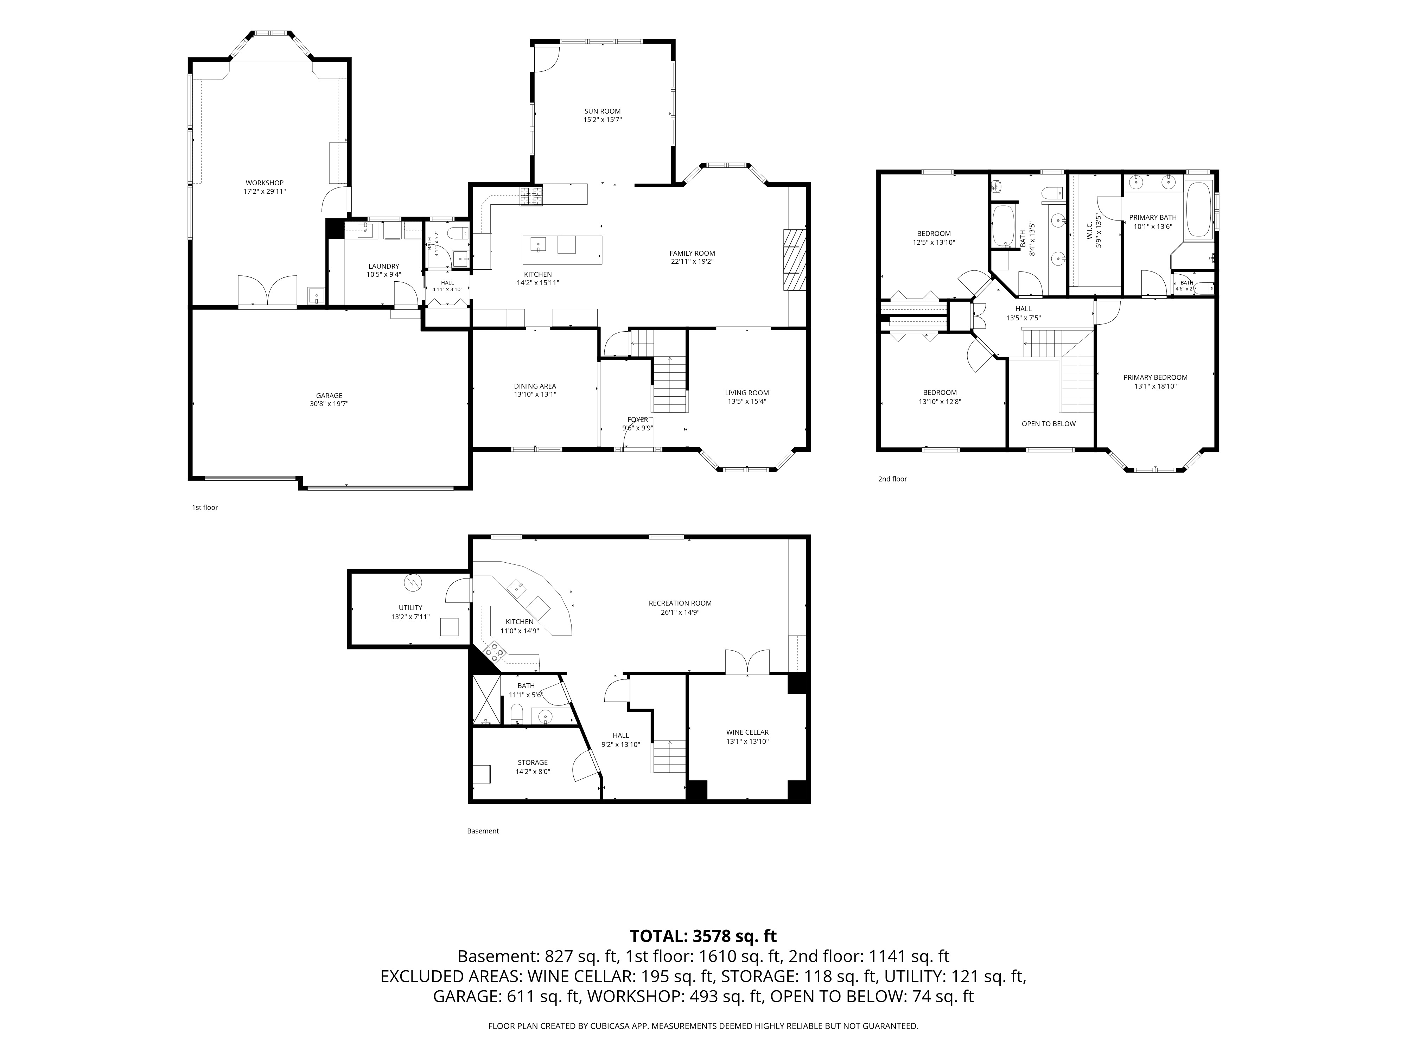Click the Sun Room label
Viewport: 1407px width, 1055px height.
click(x=602, y=111)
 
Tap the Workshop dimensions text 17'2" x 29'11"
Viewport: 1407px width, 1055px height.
click(x=265, y=191)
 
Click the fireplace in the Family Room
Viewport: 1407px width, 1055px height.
click(x=795, y=260)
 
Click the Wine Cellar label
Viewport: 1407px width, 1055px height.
click(x=747, y=732)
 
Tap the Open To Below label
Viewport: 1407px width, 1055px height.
click(x=1048, y=423)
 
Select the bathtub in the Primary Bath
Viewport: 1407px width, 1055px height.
click(x=1199, y=211)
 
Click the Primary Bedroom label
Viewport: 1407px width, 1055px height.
click(x=1155, y=377)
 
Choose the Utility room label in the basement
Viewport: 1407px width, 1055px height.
click(x=410, y=607)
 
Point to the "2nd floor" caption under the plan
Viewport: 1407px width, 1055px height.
click(x=892, y=479)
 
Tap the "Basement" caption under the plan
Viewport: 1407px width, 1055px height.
click(x=483, y=831)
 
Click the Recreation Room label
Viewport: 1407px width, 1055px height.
click(x=680, y=603)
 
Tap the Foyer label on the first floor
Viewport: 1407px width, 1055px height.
click(x=637, y=420)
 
